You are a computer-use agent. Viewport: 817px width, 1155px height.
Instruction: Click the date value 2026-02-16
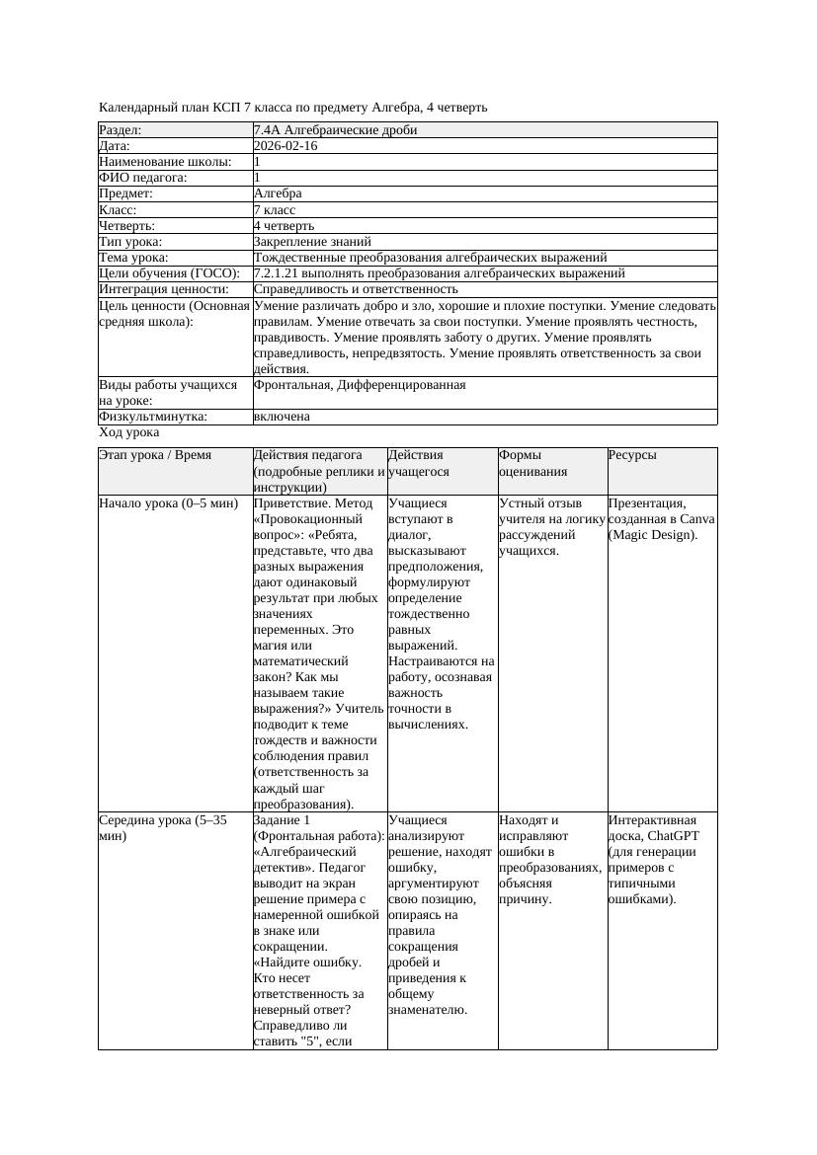coord(286,146)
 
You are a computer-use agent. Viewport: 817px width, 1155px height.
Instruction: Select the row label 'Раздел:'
coord(121,130)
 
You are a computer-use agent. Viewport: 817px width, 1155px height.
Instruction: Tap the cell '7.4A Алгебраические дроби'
coord(335,130)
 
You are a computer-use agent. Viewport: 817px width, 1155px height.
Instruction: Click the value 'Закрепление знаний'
coord(312,242)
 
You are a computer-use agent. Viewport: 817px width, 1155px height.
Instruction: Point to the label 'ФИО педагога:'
coord(143,178)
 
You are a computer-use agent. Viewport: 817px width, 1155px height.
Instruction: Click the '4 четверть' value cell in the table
coord(284,226)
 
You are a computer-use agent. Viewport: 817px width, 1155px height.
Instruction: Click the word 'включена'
coord(282,417)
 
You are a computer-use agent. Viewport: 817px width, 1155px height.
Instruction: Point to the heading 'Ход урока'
coord(129,432)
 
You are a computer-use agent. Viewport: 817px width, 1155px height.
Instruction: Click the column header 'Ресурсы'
coord(632,455)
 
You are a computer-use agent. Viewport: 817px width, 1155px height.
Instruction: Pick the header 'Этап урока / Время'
coord(162,455)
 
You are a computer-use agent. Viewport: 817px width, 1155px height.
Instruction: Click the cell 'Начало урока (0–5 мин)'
coord(169,503)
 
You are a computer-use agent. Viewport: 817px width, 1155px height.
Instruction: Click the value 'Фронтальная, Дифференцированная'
coord(360,385)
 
